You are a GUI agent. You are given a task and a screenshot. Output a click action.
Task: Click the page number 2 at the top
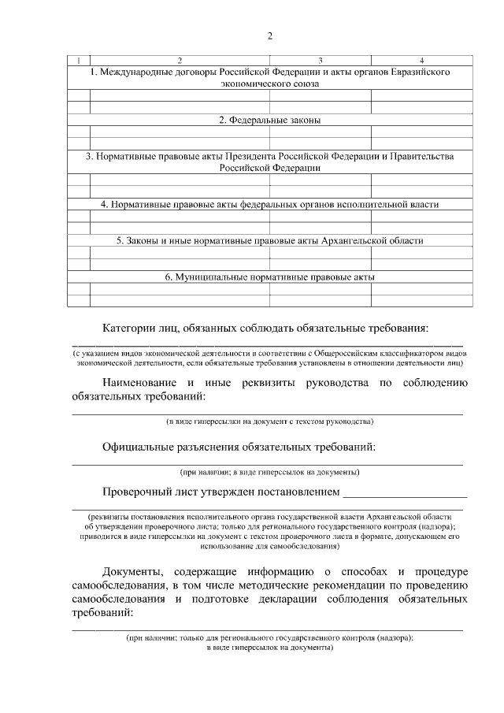pyautogui.click(x=269, y=36)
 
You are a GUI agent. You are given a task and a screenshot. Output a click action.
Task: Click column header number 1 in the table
pyautogui.click(x=79, y=61)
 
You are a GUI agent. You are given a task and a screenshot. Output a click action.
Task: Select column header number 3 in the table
pyautogui.click(x=320, y=61)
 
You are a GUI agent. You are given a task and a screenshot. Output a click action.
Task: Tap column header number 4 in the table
pyautogui.click(x=421, y=61)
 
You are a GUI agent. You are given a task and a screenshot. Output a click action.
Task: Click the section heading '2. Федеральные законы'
pyautogui.click(x=269, y=120)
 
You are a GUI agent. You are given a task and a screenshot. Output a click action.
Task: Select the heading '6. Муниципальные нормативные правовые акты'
pyautogui.click(x=269, y=277)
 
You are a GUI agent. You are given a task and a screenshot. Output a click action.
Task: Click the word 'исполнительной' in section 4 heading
pyautogui.click(x=359, y=204)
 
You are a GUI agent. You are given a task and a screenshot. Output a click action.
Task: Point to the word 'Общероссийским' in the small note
pyautogui.click(x=372, y=354)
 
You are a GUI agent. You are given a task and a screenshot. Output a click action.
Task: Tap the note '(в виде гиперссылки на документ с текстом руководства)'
pyautogui.click(x=269, y=421)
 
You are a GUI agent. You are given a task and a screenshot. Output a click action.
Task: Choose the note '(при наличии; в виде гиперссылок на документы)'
pyautogui.click(x=269, y=472)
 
